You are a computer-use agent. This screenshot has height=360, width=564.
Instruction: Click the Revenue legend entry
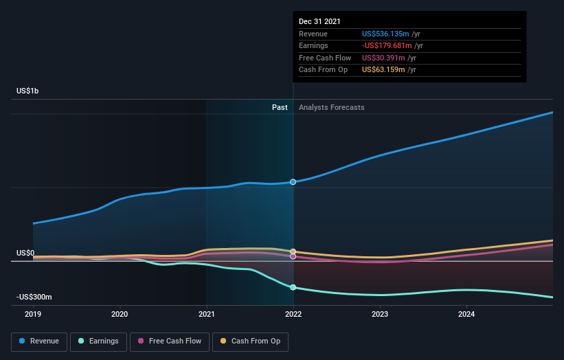40,341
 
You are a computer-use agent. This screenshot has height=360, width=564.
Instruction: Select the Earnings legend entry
98,341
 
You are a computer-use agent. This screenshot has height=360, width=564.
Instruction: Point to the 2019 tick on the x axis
33,315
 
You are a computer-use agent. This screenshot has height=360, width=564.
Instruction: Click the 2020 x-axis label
120,315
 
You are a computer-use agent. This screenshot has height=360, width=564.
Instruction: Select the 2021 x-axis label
206,315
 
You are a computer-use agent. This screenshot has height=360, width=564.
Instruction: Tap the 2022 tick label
293,315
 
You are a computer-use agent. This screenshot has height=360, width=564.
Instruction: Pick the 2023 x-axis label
380,315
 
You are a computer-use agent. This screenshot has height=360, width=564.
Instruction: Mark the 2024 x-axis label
466,315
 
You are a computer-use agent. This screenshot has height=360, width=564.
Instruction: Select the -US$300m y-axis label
34,297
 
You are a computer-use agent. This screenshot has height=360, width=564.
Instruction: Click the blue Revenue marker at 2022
293,182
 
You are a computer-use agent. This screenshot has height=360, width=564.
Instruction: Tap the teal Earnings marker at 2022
293,287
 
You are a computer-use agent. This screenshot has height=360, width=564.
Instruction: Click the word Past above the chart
280,107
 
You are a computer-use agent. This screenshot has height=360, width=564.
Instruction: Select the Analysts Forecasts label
332,107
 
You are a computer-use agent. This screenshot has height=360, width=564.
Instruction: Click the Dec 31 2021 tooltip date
319,22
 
